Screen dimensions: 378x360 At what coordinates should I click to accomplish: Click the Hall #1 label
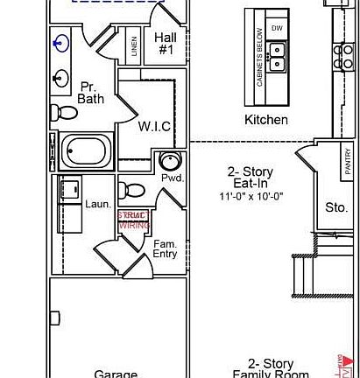click(x=166, y=44)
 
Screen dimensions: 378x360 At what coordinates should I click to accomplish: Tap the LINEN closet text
click(x=133, y=46)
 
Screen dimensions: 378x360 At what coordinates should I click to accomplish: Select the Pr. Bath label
click(x=90, y=93)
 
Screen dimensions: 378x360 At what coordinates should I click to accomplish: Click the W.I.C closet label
click(x=154, y=126)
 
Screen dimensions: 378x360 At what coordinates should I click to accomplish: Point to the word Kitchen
click(x=265, y=119)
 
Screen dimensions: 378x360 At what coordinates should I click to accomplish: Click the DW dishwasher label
click(x=278, y=28)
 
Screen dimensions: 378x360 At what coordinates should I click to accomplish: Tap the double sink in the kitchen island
click(x=278, y=58)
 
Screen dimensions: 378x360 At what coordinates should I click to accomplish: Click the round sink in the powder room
click(x=170, y=161)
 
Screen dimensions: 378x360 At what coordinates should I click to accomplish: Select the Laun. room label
click(x=97, y=204)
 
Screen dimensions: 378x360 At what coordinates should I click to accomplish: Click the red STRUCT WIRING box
click(x=134, y=220)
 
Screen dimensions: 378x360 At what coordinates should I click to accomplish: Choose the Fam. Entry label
click(x=165, y=248)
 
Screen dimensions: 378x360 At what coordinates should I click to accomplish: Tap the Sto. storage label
click(x=336, y=207)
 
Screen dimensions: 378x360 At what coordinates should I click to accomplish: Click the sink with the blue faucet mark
click(x=60, y=42)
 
